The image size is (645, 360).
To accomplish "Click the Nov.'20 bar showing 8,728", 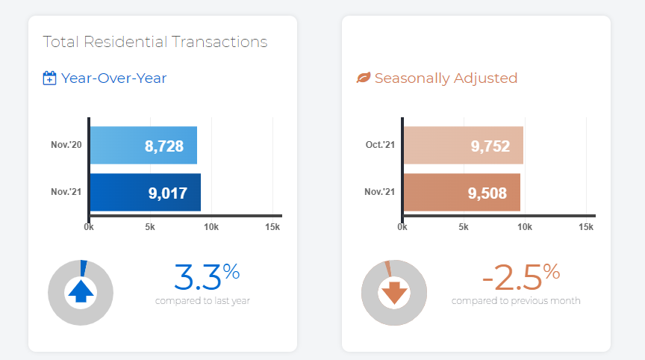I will [x=143, y=146].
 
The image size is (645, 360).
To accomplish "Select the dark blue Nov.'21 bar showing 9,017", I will [x=145, y=193].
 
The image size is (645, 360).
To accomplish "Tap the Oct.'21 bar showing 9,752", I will [x=463, y=146].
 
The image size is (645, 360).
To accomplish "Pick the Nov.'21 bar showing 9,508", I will [x=461, y=193].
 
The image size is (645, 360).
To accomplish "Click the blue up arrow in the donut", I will [x=80, y=292].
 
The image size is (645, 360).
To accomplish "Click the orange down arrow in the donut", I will [x=393, y=292].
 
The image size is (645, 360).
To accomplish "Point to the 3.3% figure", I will [x=207, y=277].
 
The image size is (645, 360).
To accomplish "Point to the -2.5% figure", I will [x=520, y=277].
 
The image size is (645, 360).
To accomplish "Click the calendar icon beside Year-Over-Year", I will [x=50, y=78].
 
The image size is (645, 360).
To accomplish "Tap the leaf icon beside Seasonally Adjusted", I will [x=364, y=78].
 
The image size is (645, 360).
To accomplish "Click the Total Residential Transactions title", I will [x=155, y=42].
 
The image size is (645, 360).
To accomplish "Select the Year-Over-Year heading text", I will [x=114, y=78].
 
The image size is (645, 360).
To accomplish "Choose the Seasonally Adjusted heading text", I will [x=446, y=78].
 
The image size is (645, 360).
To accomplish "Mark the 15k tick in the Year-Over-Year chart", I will [x=272, y=226].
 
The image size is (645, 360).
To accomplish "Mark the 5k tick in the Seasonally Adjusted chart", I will [x=464, y=226].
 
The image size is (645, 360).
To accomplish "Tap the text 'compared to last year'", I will [x=202, y=301].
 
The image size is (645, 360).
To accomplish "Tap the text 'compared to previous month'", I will [x=516, y=301].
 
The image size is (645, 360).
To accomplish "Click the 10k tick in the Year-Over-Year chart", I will [x=211, y=226].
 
